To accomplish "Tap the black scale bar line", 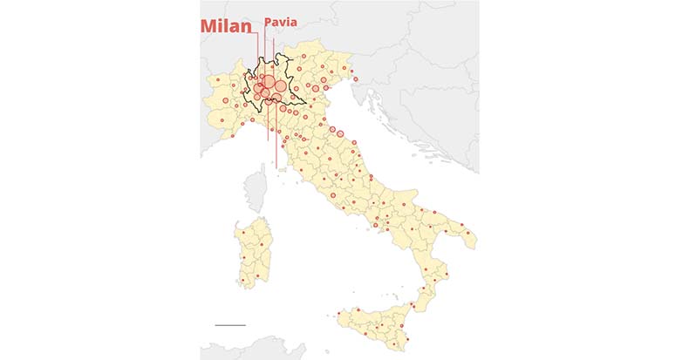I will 230,325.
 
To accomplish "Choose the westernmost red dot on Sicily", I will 338,313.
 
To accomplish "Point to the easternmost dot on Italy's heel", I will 469,233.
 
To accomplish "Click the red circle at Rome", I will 332,196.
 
